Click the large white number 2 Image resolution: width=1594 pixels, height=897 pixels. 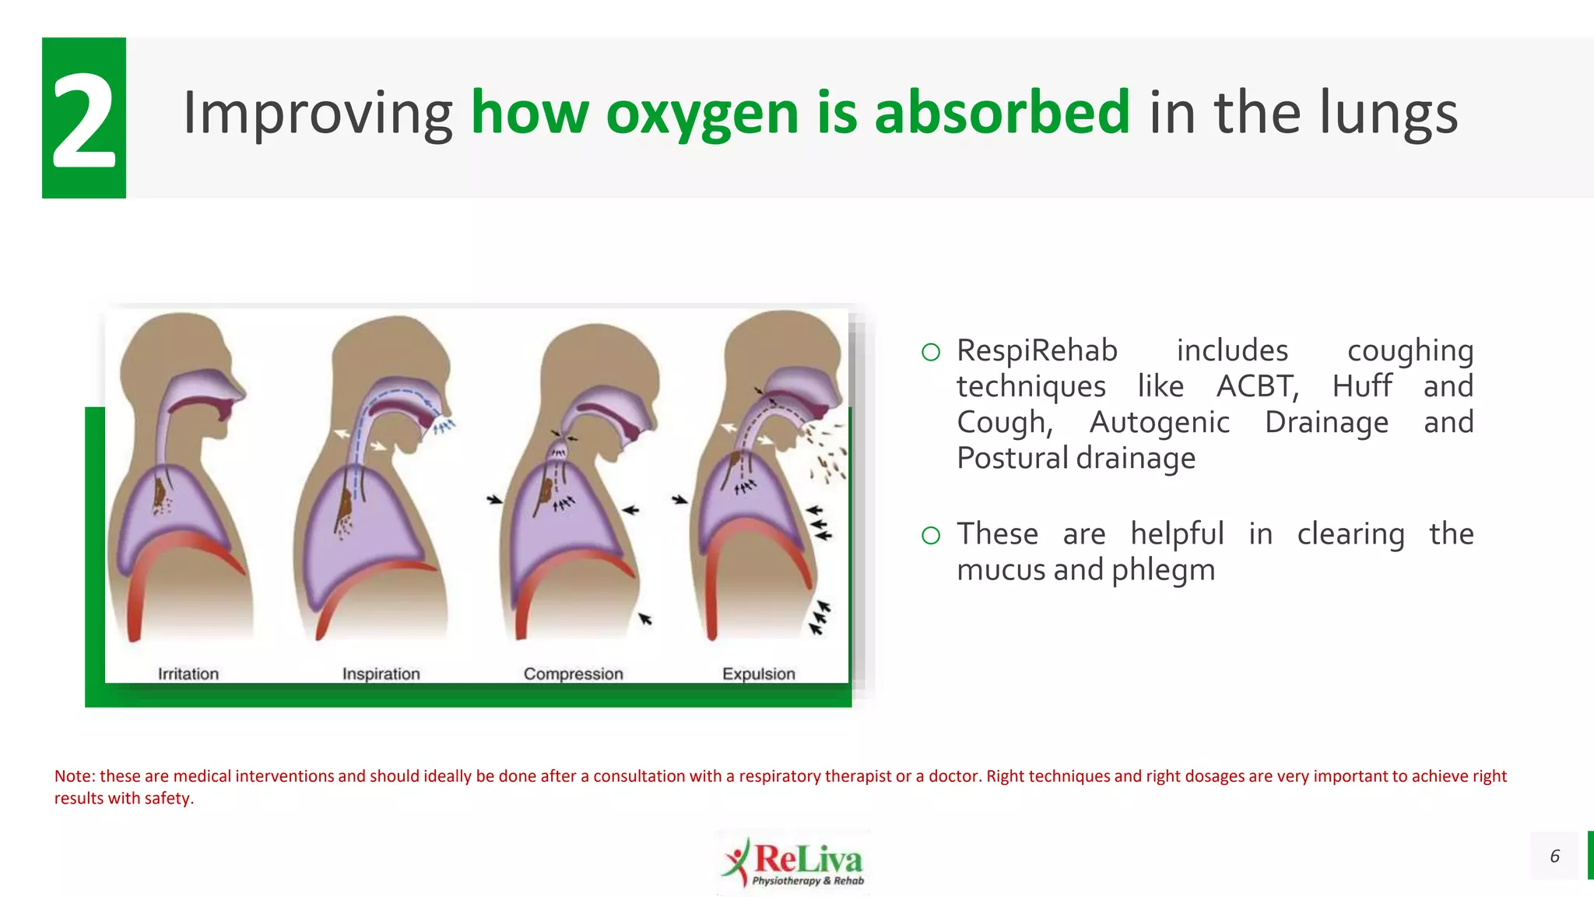pyautogui.click(x=84, y=119)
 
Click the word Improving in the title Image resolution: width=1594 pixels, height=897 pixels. pyautogui.click(x=318, y=114)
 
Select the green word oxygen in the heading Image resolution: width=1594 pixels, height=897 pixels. pyautogui.click(x=702, y=114)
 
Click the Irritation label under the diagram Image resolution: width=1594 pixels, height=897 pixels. pyautogui.click(x=188, y=674)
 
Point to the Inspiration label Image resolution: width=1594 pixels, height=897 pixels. pyautogui.click(x=381, y=674)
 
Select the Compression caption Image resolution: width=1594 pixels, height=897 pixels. pyautogui.click(x=573, y=674)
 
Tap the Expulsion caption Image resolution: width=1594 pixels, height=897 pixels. pyautogui.click(x=759, y=674)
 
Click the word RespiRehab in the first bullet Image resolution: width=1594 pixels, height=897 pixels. pyautogui.click(x=1037, y=350)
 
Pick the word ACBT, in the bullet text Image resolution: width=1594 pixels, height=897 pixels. pyautogui.click(x=1257, y=386)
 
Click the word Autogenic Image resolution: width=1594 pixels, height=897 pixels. pyautogui.click(x=1159, y=422)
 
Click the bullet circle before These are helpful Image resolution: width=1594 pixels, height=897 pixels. pyautogui.click(x=931, y=535)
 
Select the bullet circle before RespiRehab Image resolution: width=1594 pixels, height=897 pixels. pyautogui.click(x=931, y=352)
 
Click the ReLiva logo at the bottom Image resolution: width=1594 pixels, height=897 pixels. pyautogui.click(x=794, y=862)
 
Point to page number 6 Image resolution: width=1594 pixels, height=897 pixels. pyautogui.click(x=1554, y=856)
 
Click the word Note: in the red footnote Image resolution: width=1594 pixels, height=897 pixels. pyautogui.click(x=75, y=776)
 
